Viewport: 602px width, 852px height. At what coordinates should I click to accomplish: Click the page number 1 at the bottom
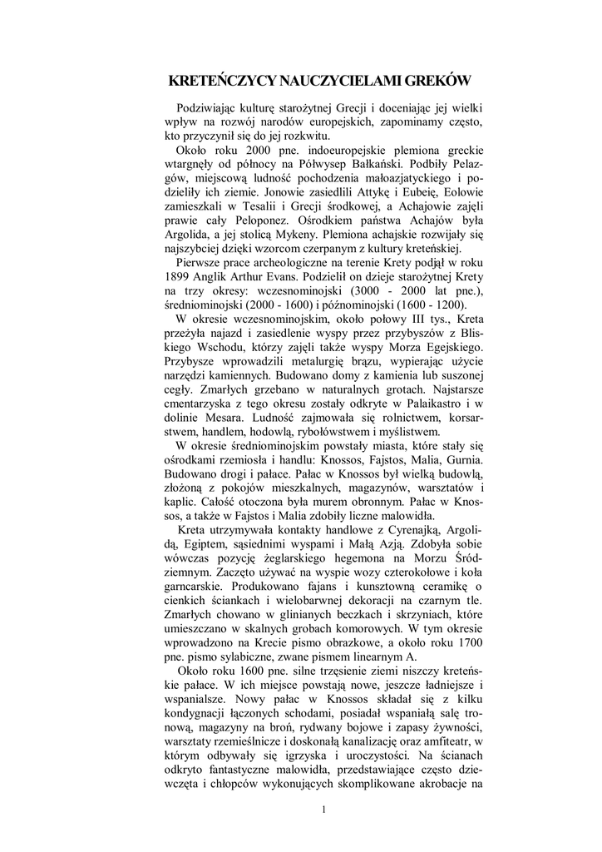point(324,811)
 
